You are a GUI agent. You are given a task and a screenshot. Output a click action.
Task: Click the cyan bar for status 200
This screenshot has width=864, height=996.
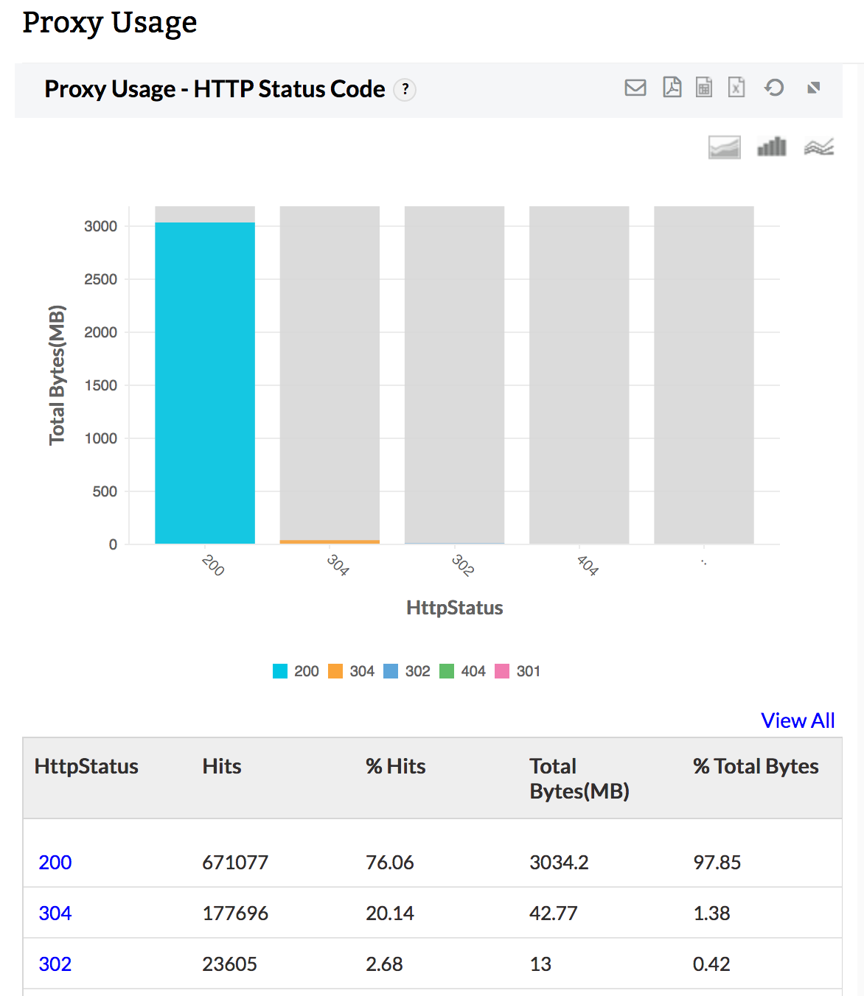click(205, 383)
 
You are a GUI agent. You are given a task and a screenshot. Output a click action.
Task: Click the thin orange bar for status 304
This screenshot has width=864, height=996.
click(330, 541)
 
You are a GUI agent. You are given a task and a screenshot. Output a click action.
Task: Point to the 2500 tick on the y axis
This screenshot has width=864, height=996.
click(100, 279)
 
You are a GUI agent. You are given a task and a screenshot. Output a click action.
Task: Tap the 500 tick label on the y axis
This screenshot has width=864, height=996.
click(105, 491)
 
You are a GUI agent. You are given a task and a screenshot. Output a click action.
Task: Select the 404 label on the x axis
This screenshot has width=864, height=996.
click(588, 565)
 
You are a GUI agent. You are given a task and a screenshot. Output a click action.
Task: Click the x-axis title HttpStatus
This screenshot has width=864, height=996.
click(454, 608)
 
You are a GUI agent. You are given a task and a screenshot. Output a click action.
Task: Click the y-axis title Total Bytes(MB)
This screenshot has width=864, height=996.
click(57, 375)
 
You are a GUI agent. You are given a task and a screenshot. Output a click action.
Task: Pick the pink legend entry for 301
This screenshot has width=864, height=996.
click(518, 671)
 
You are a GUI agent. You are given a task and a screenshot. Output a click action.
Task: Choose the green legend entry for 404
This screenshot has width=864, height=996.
click(463, 671)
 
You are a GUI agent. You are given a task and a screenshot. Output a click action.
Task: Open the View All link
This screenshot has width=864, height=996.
click(798, 720)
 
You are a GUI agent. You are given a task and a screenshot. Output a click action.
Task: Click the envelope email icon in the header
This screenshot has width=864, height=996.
click(635, 88)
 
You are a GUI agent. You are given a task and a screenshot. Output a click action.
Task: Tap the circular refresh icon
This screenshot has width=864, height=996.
click(774, 88)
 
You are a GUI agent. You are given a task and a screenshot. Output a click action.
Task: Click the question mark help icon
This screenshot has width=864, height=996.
click(405, 89)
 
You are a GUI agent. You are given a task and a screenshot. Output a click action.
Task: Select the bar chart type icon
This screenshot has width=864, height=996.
click(772, 147)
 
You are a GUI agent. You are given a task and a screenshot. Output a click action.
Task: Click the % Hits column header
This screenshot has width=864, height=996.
click(396, 766)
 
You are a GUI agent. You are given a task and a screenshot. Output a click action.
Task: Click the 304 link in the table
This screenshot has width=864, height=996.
click(55, 913)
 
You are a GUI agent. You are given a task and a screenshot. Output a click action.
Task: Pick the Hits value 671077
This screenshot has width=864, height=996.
click(235, 863)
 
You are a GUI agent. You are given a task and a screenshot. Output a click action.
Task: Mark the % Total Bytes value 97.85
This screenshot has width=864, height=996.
click(717, 863)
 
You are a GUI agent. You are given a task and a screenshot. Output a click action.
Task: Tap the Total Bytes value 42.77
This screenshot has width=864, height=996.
click(553, 913)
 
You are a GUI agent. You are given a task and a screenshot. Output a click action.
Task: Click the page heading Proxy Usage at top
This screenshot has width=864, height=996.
click(110, 22)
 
